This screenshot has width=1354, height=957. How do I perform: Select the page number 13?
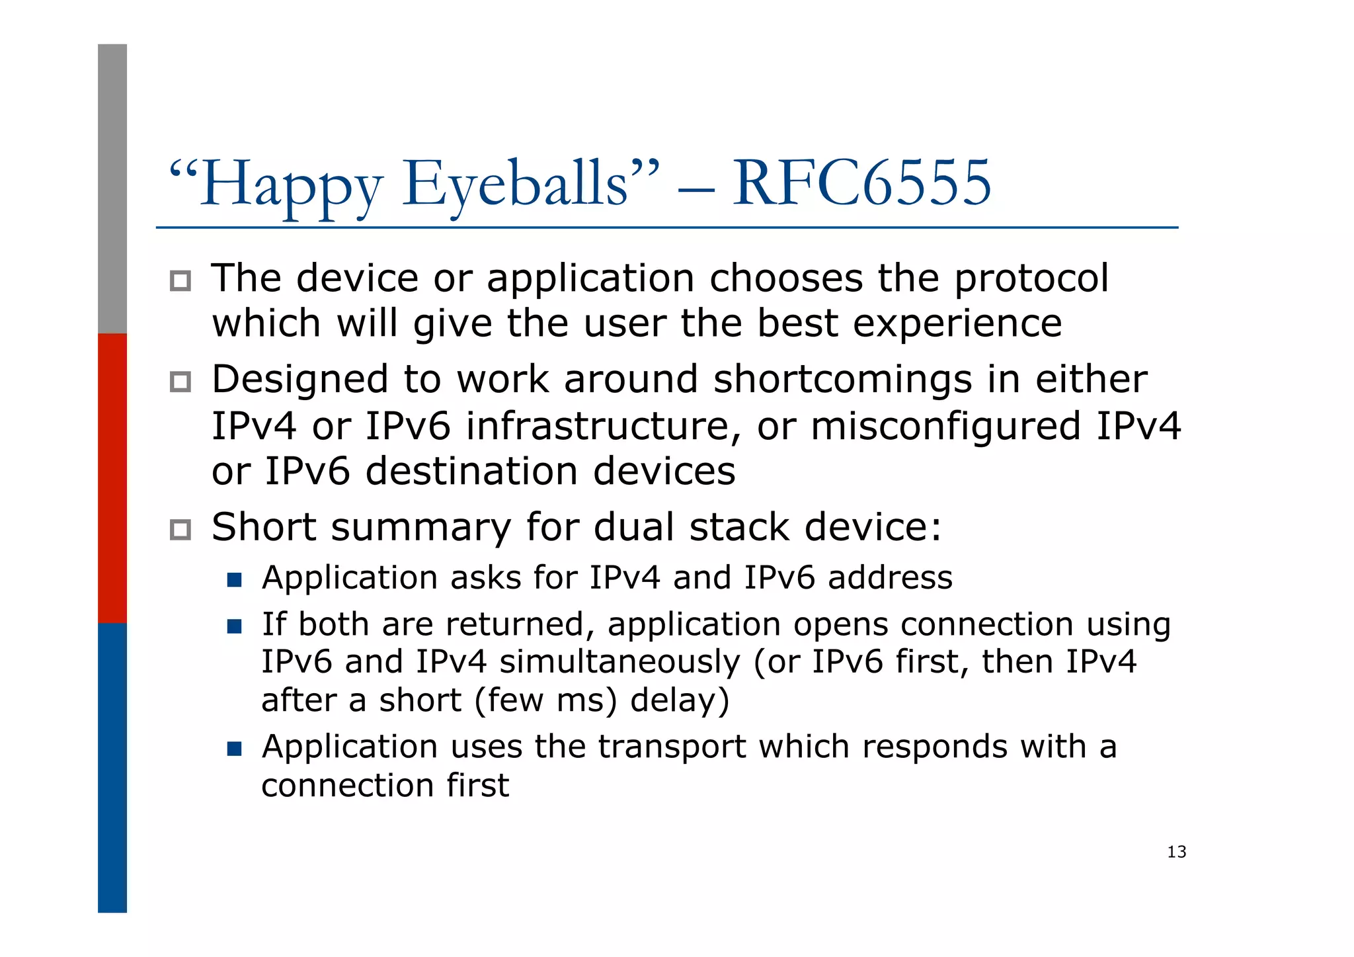click(1176, 852)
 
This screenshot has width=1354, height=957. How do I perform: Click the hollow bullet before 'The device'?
click(180, 281)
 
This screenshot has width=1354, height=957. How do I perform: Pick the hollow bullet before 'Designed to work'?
click(180, 382)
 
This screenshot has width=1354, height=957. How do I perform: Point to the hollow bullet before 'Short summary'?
click(180, 530)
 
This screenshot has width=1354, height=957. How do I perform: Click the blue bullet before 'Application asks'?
click(234, 580)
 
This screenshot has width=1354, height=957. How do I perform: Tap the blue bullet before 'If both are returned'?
click(234, 626)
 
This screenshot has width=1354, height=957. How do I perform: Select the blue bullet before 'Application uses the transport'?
click(234, 749)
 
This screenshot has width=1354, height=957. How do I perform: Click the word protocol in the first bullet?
click(1031, 279)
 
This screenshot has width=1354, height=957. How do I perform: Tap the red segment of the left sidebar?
click(112, 478)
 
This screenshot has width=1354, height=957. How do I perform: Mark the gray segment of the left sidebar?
click(112, 188)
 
